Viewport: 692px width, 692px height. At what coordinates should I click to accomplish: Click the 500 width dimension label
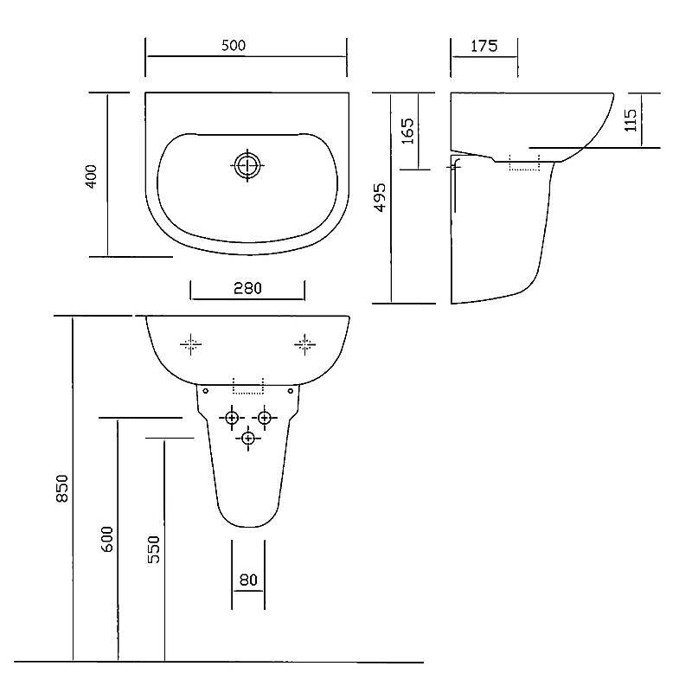234,46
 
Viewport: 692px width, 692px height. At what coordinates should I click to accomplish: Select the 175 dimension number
484,46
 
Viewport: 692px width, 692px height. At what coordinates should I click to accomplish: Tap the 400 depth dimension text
91,176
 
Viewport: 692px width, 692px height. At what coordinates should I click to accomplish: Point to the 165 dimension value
407,131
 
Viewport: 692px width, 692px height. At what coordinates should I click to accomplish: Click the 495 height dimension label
380,197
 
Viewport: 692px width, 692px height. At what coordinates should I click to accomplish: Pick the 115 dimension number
631,120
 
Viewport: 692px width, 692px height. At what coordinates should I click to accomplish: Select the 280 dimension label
247,288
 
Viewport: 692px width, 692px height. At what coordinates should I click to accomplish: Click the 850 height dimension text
62,488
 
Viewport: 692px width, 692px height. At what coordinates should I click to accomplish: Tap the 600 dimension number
107,539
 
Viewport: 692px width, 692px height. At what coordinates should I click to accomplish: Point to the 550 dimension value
154,549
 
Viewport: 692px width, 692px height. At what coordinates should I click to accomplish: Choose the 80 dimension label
248,580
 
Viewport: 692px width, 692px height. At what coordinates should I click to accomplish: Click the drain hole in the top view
247,165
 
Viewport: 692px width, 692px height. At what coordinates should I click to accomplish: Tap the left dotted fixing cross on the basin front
190,344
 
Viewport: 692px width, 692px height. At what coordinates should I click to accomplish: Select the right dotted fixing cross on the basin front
305,344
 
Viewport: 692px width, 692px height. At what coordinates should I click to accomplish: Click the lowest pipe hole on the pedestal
248,439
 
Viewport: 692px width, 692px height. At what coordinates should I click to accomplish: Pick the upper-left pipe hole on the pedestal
232,418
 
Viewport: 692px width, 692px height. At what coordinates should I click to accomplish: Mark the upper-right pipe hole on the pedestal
265,418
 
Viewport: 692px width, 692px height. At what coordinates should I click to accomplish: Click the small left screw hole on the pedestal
205,391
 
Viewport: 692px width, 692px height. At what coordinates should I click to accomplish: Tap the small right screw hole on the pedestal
291,391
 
